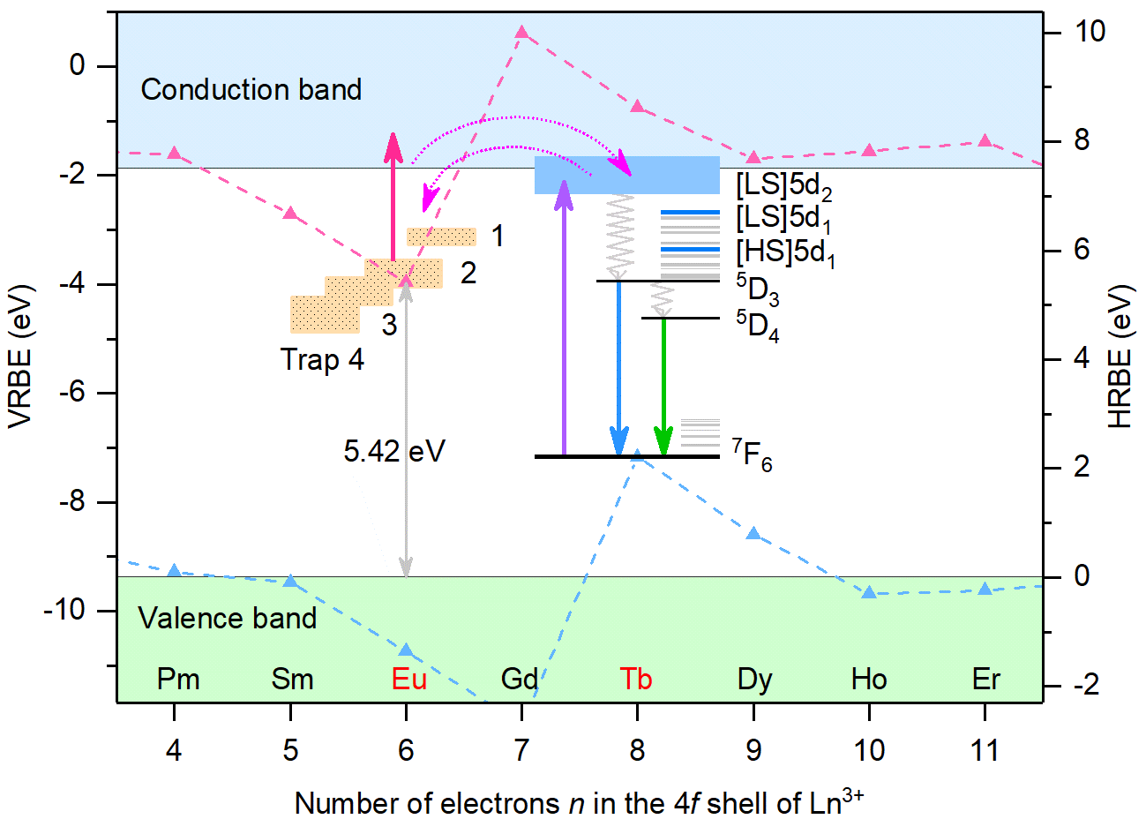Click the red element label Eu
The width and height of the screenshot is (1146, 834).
coord(408,680)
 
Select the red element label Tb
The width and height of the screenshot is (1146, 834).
coord(635,680)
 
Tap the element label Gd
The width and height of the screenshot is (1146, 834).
coord(520,680)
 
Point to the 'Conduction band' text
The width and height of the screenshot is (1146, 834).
coord(251,90)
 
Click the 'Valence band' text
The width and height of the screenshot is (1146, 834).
coord(227,618)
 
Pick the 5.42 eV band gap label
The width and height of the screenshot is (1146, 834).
coord(393,452)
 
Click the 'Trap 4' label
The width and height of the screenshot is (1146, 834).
coord(322,360)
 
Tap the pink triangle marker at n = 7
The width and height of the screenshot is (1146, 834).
coord(521,33)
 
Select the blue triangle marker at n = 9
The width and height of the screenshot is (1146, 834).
coord(753,534)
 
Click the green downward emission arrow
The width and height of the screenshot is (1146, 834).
coord(663,388)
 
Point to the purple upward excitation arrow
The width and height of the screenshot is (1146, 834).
coord(565,327)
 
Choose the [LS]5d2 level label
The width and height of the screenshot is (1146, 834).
coord(783,186)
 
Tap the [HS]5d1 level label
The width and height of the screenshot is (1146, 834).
coord(785,254)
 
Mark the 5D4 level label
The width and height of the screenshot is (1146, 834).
coord(757,326)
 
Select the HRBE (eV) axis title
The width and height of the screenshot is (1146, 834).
coord(1119,357)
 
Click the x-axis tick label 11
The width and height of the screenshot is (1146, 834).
coord(985,750)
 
